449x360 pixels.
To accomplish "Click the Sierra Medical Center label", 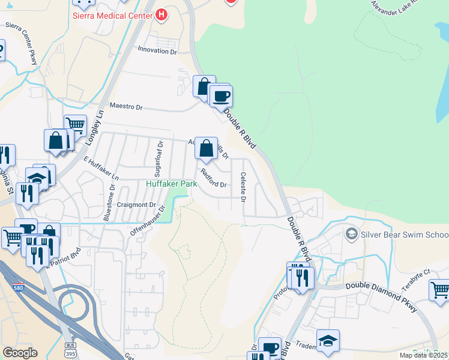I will pos(112,16).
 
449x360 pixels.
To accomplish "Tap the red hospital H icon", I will pos(161,15).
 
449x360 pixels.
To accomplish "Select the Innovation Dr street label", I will pos(157,51).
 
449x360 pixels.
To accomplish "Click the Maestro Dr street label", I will pos(126,107).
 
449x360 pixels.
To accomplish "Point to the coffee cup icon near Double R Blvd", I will pos(221,96).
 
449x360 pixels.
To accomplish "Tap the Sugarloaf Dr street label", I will pos(160,155).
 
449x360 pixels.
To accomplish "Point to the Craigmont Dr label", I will pos(137,205).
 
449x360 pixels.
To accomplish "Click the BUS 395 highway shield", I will pos(70,349).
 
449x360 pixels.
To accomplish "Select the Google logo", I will pos(20,353).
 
